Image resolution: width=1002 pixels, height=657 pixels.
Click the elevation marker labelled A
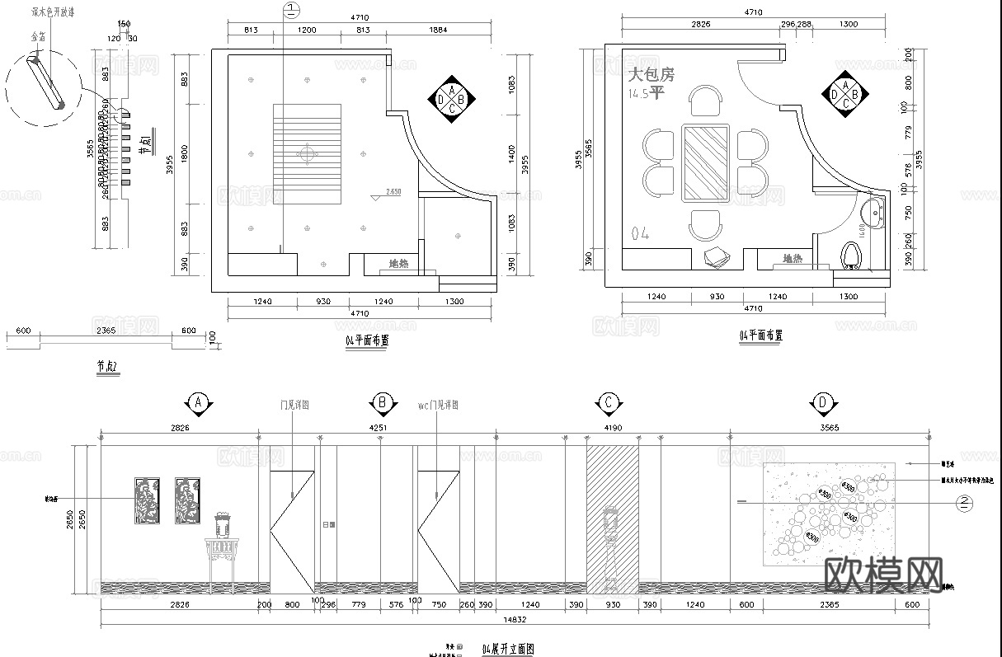[198, 402]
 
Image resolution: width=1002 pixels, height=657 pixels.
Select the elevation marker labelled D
[823, 402]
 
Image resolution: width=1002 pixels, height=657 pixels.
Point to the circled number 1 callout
[290, 10]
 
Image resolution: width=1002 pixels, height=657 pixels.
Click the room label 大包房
[652, 74]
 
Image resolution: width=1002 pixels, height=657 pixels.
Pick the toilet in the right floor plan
[854, 255]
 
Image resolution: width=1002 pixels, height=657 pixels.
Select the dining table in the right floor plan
[705, 162]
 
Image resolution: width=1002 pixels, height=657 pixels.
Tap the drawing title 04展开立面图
[507, 650]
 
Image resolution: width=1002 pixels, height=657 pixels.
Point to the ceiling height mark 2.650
[393, 191]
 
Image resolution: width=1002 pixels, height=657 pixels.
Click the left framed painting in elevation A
[146, 500]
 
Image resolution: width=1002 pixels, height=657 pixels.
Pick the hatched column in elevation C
[612, 519]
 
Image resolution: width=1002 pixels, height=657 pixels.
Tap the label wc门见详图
[438, 406]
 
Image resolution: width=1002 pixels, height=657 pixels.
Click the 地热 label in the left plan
[398, 264]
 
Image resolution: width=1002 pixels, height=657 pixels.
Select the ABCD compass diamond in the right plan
[844, 96]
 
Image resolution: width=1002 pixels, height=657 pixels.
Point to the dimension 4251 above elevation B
[378, 428]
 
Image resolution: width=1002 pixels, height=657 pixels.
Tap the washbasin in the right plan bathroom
[873, 211]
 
